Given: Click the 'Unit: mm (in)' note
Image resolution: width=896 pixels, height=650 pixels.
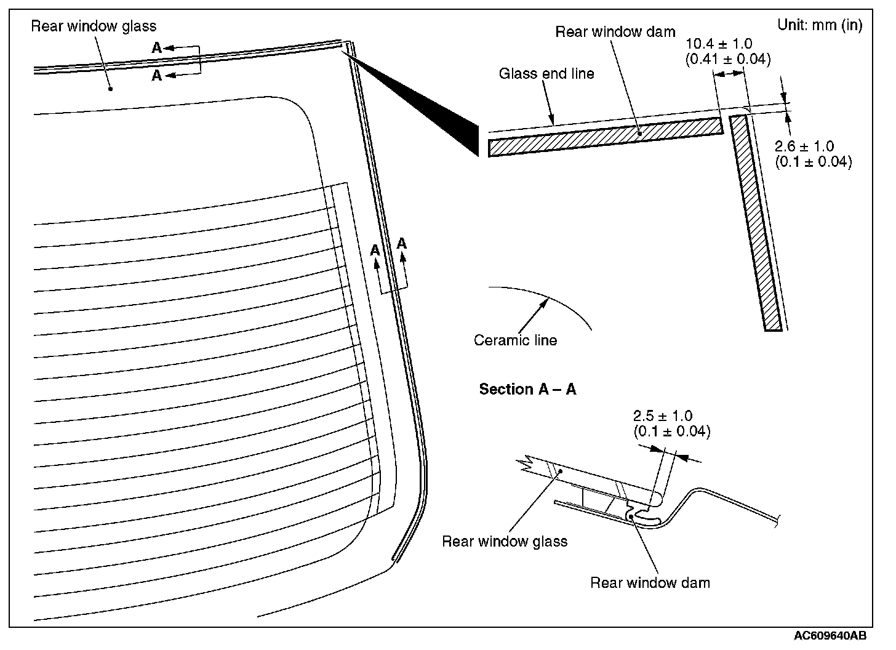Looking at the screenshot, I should coord(820,25).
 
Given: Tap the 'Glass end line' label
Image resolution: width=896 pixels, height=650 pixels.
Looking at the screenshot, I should coord(546,74).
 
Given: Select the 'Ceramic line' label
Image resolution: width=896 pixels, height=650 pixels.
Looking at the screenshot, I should coord(515,340).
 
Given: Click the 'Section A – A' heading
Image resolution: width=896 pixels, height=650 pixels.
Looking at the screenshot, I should coord(527,389).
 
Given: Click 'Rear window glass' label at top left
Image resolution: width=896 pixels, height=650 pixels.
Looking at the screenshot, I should coord(94,26).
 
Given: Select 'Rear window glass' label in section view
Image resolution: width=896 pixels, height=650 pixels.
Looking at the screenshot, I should coord(505,542).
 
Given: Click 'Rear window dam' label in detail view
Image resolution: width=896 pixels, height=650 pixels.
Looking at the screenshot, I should coord(615,32).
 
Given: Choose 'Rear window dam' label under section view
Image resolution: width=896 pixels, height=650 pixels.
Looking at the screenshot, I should coord(650,582).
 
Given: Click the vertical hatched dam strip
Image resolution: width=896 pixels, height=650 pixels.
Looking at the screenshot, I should coord(756,222).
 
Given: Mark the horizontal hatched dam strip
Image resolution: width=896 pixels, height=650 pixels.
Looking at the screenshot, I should coord(604,137).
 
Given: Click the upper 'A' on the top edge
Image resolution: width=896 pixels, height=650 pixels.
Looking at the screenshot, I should coord(157,47).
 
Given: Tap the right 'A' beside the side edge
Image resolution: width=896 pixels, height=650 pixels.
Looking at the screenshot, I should coord(402,244).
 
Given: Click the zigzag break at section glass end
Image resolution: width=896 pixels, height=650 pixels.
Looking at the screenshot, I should coord(527,463).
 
